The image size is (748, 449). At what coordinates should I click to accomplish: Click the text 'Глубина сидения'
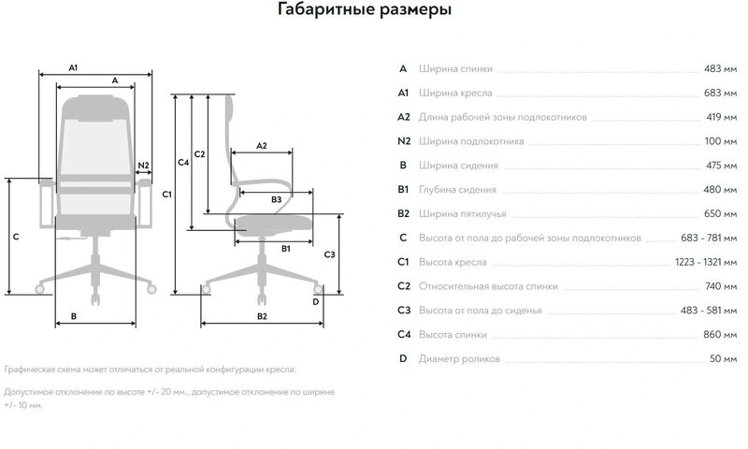458,190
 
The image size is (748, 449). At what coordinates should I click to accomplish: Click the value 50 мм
726,359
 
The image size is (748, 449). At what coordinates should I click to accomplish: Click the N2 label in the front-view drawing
143,166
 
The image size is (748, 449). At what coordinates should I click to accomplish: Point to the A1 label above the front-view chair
74,67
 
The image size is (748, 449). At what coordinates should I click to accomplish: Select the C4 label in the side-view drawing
183,163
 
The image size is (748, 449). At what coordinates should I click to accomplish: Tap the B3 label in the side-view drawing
277,200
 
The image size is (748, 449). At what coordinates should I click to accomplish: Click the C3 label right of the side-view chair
329,254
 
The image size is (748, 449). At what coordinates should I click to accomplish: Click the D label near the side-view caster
316,302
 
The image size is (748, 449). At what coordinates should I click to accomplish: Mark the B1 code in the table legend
404,190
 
